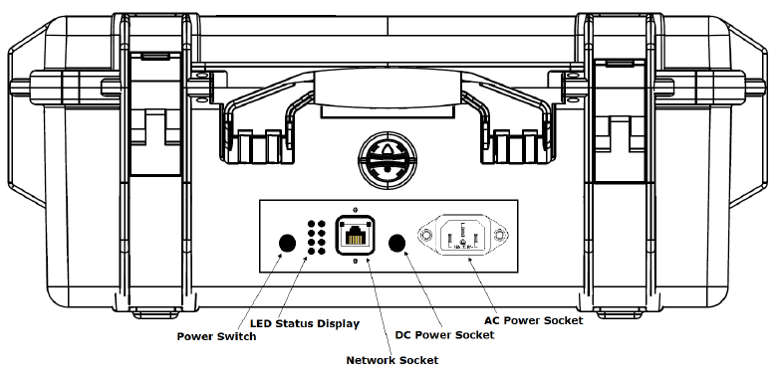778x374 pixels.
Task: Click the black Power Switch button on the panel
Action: pos(287,243)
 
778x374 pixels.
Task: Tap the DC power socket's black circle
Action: pos(396,243)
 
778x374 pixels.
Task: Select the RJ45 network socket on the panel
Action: pos(354,235)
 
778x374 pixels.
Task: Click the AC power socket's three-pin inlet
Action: pos(463,235)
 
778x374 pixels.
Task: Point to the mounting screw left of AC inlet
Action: pos(425,235)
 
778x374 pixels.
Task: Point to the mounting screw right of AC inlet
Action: pos(500,235)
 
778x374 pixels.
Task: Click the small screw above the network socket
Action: pos(354,209)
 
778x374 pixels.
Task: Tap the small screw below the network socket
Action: pos(354,261)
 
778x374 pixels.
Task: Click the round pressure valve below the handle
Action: pos(387,159)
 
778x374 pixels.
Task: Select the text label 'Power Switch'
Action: pos(217,337)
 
